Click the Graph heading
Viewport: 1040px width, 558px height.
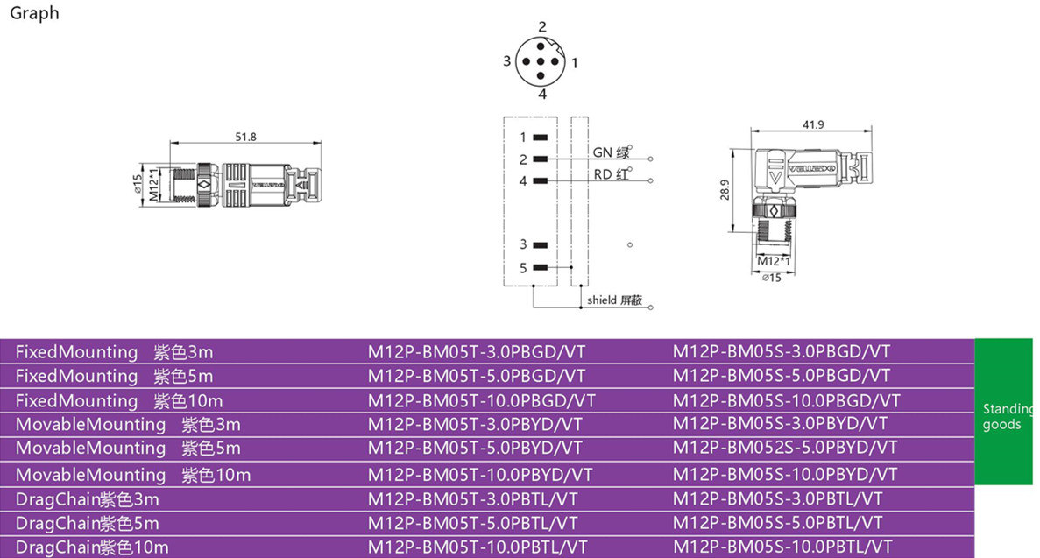point(34,13)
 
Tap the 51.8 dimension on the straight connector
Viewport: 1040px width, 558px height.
point(246,137)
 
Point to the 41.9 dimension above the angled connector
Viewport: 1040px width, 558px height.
point(813,124)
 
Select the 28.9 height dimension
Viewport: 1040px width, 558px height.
point(725,190)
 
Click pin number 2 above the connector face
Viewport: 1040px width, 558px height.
point(542,27)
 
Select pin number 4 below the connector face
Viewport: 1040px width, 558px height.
point(542,95)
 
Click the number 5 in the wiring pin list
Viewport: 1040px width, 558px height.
point(523,268)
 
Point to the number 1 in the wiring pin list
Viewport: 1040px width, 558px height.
point(523,138)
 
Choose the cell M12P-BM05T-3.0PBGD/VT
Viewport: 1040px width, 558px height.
point(476,352)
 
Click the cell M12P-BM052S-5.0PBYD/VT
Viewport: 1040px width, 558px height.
point(785,448)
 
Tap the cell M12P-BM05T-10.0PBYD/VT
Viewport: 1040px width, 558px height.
point(480,475)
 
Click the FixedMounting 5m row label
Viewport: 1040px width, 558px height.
point(114,377)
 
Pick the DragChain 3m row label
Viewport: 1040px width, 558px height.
point(88,500)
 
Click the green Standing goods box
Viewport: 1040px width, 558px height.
point(1007,412)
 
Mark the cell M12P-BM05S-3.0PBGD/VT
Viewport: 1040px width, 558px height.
point(781,352)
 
